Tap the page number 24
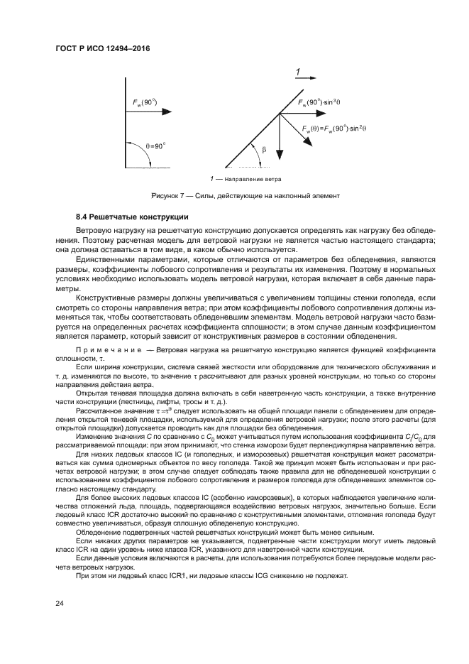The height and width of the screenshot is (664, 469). point(59,603)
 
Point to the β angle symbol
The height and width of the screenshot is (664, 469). point(264,150)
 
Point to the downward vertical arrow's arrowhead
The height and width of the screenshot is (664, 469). point(279,160)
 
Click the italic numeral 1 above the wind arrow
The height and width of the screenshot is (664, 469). point(298,71)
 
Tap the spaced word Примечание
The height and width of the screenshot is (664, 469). point(104,351)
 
